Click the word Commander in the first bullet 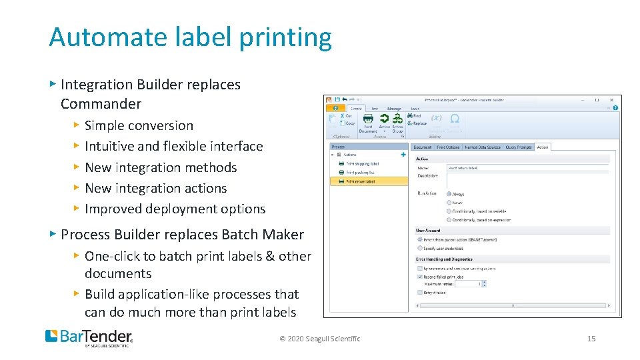(101, 104)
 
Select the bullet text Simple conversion (139, 125)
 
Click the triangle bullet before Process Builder (53, 234)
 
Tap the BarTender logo (89, 337)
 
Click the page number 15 (591, 339)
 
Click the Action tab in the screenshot (543, 147)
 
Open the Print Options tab (448, 147)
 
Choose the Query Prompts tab (518, 147)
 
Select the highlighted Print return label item (360, 181)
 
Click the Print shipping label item (362, 163)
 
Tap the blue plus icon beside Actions (403, 155)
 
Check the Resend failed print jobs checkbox (419, 276)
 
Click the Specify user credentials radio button (419, 248)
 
